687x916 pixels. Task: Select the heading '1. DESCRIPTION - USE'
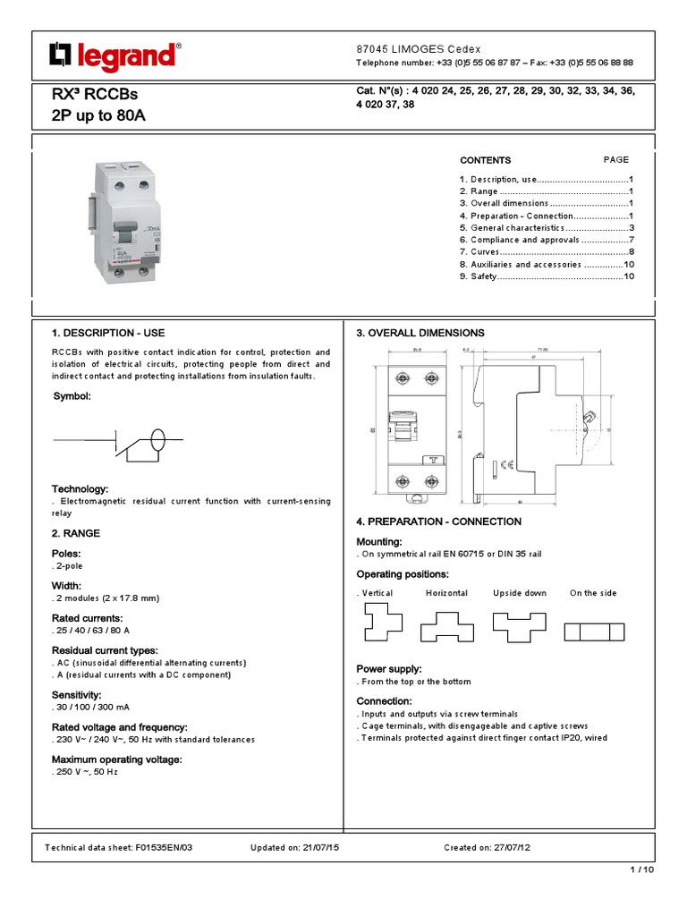coord(107,333)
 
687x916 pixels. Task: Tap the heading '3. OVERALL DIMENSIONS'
coord(420,333)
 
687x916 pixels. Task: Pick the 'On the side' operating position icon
coord(593,632)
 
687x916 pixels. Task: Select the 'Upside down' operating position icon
coord(518,626)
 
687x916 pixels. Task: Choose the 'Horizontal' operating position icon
coord(446,626)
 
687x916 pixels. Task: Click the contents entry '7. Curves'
coord(547,252)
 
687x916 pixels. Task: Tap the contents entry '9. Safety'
coord(547,277)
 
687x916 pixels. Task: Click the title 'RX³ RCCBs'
coord(96,95)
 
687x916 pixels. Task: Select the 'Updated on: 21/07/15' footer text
coord(289,847)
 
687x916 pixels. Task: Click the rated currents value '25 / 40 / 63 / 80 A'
coord(93,631)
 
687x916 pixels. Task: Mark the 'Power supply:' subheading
coord(388,669)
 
